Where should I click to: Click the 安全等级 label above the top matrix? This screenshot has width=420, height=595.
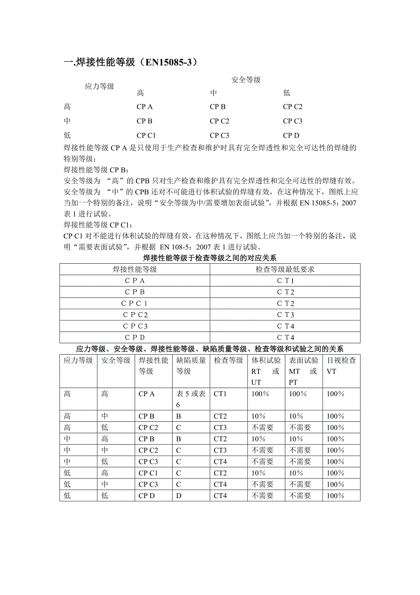pyautogui.click(x=246, y=80)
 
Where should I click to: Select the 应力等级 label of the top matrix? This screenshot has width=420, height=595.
pyautogui.click(x=100, y=86)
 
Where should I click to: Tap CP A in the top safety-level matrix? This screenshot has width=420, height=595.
pyautogui.click(x=145, y=107)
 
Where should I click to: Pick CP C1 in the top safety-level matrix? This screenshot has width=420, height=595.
pyautogui.click(x=146, y=135)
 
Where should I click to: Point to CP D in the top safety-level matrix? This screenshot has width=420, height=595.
pyautogui.click(x=291, y=135)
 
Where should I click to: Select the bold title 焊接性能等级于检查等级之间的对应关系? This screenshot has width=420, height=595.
pyautogui.click(x=210, y=258)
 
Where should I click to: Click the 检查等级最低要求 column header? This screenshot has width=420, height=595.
pyautogui.click(x=285, y=270)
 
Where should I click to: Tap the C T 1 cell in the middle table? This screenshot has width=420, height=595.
pyautogui.click(x=285, y=281)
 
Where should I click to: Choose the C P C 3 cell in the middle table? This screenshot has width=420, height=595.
pyautogui.click(x=135, y=326)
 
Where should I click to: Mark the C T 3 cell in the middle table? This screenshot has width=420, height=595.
pyautogui.click(x=285, y=315)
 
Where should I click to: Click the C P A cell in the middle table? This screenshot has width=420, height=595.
pyautogui.click(x=135, y=281)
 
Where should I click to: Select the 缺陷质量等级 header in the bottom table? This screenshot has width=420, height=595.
pyautogui.click(x=191, y=366)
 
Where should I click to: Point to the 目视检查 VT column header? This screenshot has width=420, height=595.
pyautogui.click(x=341, y=366)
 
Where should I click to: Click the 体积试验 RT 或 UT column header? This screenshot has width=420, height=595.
pyautogui.click(x=266, y=371)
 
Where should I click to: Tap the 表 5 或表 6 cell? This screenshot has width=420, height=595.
pyautogui.click(x=191, y=399)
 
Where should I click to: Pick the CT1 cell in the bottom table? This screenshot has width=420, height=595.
pyautogui.click(x=220, y=394)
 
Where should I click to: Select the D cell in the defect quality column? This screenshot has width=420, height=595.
pyautogui.click(x=178, y=496)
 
